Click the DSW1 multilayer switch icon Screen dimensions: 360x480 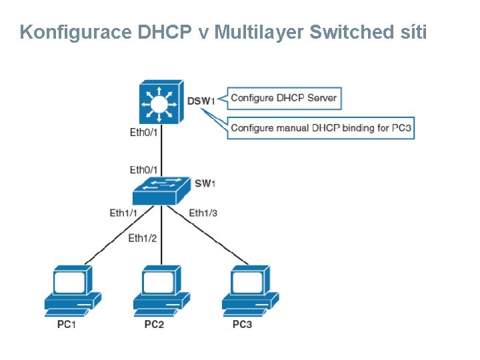tap(159, 103)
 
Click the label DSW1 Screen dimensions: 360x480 tap(201, 101)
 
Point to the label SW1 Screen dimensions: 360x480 tap(205, 183)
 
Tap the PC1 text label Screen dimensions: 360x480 tap(66, 325)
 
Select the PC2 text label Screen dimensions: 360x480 tap(154, 325)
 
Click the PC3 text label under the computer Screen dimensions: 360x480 tap(242, 325)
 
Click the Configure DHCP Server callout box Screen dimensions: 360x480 tap(283, 98)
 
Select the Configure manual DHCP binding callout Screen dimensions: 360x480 tap(321, 128)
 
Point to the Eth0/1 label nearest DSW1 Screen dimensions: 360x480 tap(143, 132)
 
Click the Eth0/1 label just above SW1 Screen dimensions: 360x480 tap(143, 170)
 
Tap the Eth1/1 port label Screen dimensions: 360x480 tap(123, 213)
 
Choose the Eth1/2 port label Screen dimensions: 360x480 tap(142, 238)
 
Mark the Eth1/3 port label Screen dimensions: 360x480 tap(203, 213)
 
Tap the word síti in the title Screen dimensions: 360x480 tap(413, 32)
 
